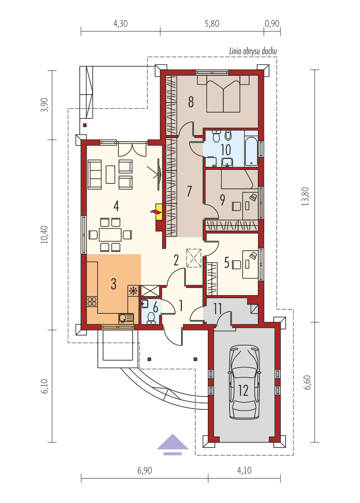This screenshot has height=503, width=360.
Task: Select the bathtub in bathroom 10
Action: tap(251, 151)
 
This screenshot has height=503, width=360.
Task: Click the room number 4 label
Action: tap(116, 206)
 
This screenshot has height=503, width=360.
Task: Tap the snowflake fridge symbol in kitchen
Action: tap(133, 291)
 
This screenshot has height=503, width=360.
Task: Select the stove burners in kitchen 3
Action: tap(92, 301)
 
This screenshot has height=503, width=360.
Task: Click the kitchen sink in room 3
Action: tap(123, 318)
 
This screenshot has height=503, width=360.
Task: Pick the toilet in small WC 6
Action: tap(151, 318)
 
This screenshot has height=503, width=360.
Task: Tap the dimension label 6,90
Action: tap(144, 470)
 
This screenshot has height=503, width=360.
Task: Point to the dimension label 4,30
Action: tap(120, 24)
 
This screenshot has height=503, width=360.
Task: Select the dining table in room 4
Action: tap(110, 234)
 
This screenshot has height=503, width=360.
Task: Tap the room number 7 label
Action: tap(189, 192)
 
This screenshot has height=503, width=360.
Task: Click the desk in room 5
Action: tap(250, 264)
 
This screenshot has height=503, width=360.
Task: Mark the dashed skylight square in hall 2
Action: tap(194, 258)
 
